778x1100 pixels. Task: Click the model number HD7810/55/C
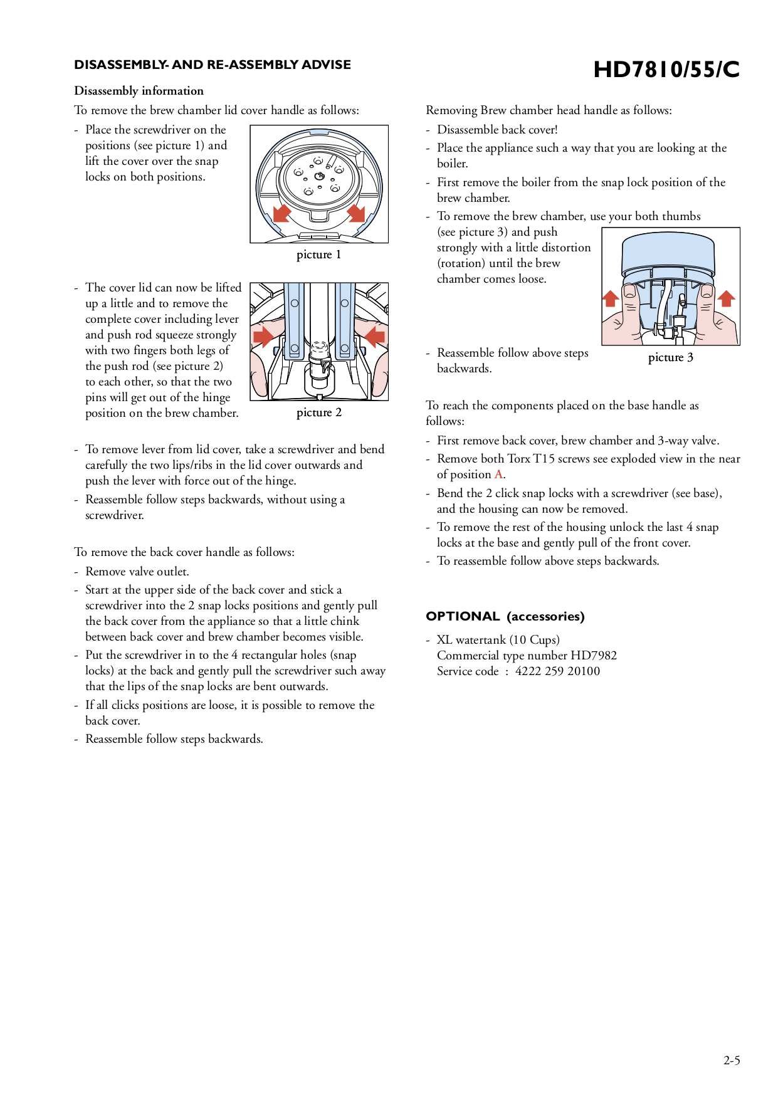pos(666,70)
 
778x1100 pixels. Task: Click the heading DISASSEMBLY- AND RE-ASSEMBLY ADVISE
pos(212,65)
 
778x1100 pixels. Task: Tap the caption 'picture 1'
pos(318,254)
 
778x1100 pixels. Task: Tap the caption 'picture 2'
pos(318,412)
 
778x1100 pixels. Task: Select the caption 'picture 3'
pos(670,357)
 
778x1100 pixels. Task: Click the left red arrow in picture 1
pos(282,212)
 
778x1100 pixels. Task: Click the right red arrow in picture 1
pos(356,212)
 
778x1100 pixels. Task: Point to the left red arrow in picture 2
pos(263,337)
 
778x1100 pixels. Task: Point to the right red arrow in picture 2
pos(375,337)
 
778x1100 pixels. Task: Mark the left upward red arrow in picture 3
pos(611,298)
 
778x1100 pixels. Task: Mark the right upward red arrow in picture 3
pos(726,298)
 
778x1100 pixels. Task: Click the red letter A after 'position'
pos(498,474)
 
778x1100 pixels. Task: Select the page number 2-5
pos(731,1061)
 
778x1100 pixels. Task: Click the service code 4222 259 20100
pos(557,671)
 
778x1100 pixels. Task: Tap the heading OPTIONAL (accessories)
pos(505,616)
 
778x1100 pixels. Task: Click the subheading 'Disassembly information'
pos(139,91)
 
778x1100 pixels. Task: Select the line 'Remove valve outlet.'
pos(137,572)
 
